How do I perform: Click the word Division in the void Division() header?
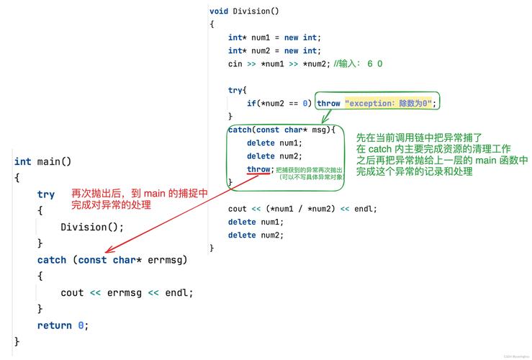(x=252, y=11)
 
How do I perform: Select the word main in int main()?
(x=50, y=161)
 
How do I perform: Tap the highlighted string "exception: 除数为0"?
(x=389, y=103)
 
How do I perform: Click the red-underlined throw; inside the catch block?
(x=258, y=169)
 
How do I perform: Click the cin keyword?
(x=235, y=63)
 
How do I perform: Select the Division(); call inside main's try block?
(x=92, y=227)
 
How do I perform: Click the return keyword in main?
(x=55, y=325)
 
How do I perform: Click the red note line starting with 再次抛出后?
(x=140, y=193)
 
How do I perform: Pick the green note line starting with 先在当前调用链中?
(x=419, y=137)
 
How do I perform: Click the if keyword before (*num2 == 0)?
(x=251, y=103)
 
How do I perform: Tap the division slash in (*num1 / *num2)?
(x=300, y=209)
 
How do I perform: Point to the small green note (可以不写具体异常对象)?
(x=311, y=176)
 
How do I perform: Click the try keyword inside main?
(x=46, y=194)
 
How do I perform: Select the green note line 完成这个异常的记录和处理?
(x=415, y=171)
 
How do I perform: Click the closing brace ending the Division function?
(x=212, y=248)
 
